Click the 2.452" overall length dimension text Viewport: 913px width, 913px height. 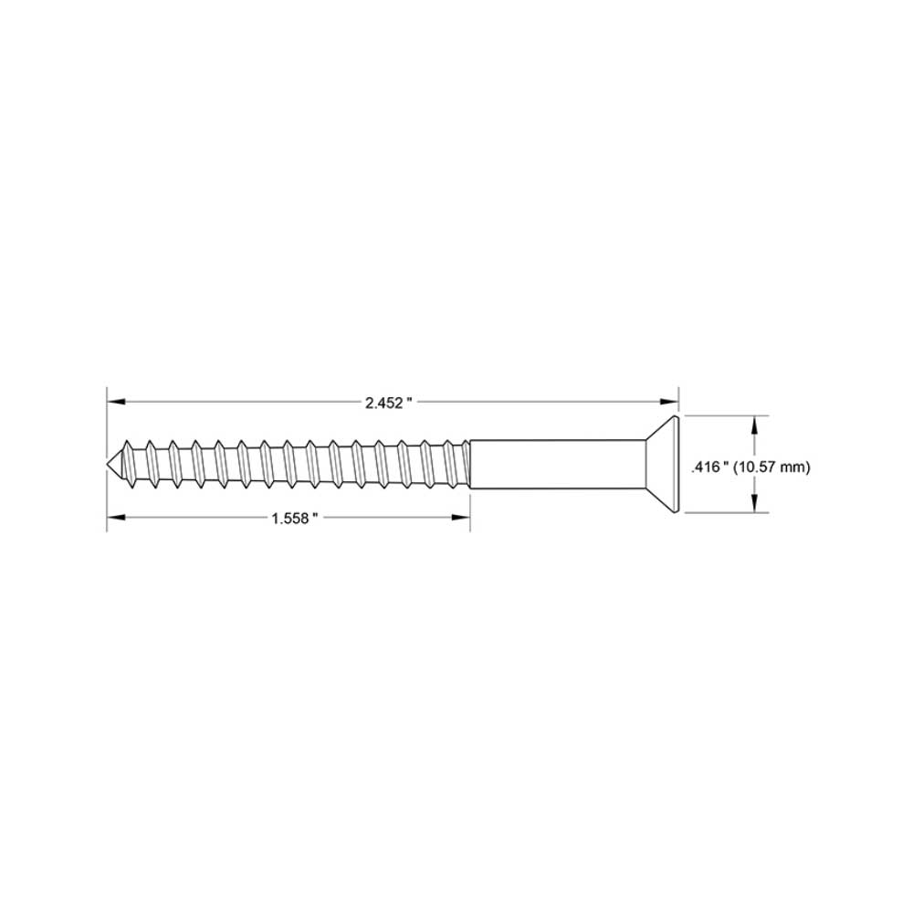pos(389,403)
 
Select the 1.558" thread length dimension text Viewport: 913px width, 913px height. pos(294,518)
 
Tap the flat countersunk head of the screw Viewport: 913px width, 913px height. pos(674,465)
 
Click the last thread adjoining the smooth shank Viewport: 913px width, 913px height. pos(462,464)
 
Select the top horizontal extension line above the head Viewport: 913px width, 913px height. pos(721,415)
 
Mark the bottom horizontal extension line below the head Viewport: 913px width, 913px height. pos(721,514)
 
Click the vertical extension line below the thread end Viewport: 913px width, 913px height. pos(469,511)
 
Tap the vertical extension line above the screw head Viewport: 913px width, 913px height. pos(679,400)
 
